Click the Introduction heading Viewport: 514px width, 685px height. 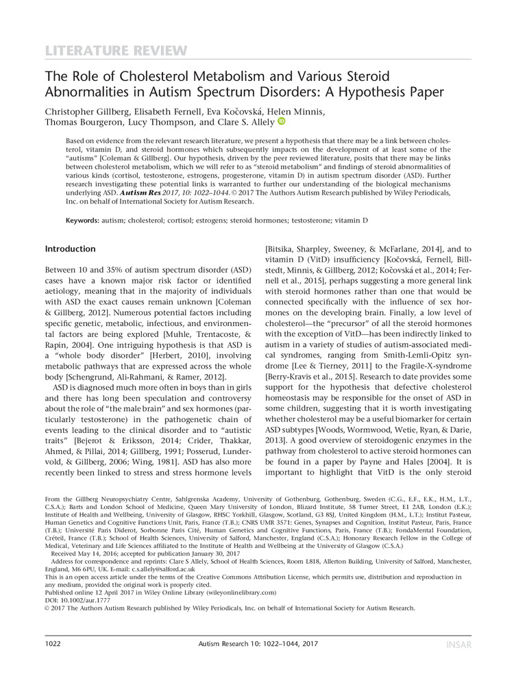pyautogui.click(x=70, y=248)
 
